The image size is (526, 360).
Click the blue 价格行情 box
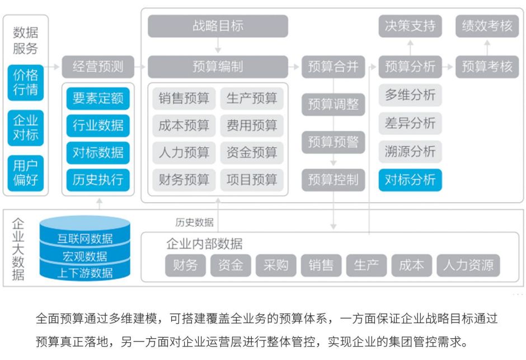point(26,82)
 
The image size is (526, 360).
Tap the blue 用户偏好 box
point(26,173)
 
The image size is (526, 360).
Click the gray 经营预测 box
point(98,67)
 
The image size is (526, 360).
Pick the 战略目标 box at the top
point(218,26)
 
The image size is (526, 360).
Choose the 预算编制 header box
point(218,67)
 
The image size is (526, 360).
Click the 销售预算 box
point(184,99)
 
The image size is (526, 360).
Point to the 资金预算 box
point(252,152)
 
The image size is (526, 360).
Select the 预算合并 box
point(333,67)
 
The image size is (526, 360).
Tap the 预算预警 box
point(333,142)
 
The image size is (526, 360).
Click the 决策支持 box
point(410,26)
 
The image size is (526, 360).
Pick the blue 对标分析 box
point(410,180)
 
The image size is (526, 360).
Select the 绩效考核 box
point(487,26)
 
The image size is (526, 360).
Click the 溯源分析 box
point(410,152)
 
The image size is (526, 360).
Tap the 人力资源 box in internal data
point(468,265)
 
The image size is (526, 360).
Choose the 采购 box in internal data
point(275,265)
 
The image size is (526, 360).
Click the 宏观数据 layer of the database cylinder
point(84,257)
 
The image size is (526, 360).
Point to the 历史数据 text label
point(194,222)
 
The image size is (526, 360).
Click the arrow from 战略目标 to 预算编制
point(218,46)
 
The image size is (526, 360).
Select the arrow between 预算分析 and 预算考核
point(448,67)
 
